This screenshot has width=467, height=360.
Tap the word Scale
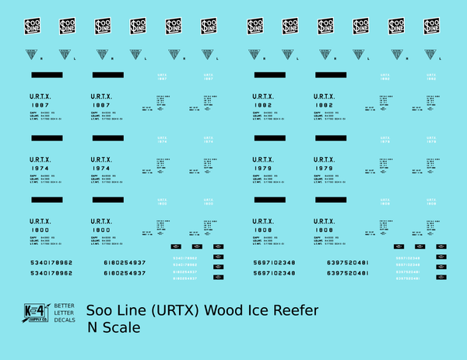(123, 329)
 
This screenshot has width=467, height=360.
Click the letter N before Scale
(93, 329)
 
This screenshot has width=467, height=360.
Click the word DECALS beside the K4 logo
(63, 320)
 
